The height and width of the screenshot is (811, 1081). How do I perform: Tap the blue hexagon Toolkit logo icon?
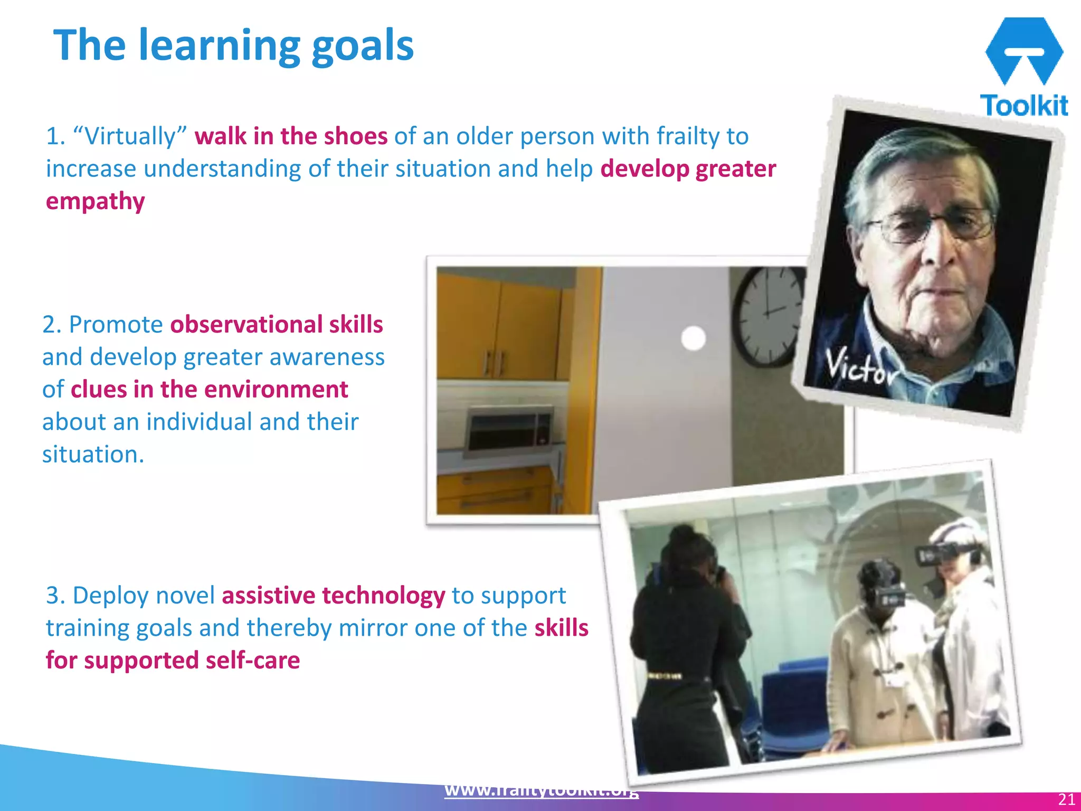point(1023,51)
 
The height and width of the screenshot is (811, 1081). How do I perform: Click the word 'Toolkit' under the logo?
point(1024,105)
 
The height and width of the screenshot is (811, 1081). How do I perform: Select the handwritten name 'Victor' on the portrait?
point(860,367)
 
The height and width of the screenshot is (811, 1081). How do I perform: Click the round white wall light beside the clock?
point(694,338)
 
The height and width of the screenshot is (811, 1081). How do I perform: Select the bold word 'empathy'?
point(96,202)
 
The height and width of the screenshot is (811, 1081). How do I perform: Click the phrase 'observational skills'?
point(277,324)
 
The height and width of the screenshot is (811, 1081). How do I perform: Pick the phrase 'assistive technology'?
point(333,596)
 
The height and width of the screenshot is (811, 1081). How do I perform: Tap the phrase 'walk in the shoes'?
point(291,136)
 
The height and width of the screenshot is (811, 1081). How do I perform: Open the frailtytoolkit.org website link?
point(542,791)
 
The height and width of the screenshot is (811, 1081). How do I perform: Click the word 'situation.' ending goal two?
point(93,454)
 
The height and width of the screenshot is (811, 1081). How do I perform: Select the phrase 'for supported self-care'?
point(173,661)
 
